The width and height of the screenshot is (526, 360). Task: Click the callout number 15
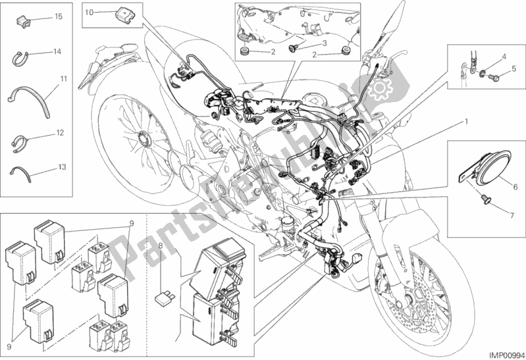coord(59,15)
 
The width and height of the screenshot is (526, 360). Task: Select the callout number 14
coord(58,51)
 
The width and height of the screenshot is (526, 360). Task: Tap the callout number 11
coord(64,79)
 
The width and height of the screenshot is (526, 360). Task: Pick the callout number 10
coord(90,12)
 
